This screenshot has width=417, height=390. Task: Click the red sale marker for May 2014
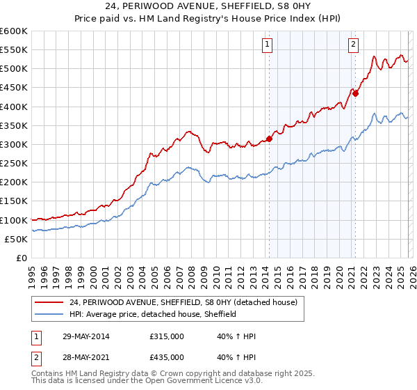click(x=270, y=139)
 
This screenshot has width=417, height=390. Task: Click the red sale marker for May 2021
click(x=355, y=93)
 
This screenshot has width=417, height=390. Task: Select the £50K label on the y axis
click(x=16, y=239)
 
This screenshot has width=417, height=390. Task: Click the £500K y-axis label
click(x=14, y=69)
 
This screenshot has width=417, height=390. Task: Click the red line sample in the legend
click(x=50, y=302)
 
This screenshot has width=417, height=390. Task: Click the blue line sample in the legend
click(x=50, y=314)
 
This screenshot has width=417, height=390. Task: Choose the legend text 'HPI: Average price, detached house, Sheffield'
click(x=153, y=314)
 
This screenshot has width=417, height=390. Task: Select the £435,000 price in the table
click(x=167, y=357)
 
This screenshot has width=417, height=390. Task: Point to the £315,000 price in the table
click(x=167, y=336)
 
